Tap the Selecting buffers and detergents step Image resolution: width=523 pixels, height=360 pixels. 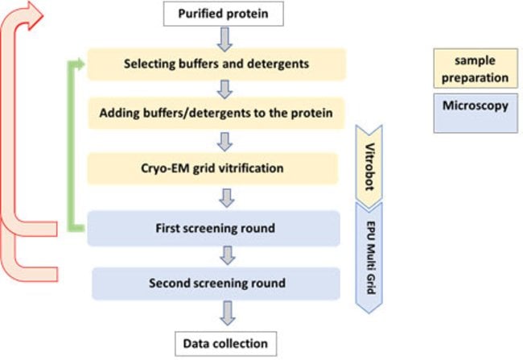(216, 64)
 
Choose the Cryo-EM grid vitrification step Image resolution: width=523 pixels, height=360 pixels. (216, 170)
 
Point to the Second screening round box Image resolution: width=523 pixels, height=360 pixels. (216, 283)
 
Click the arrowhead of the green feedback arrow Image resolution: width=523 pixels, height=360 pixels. (78, 64)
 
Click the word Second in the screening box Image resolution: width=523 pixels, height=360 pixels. (169, 283)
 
